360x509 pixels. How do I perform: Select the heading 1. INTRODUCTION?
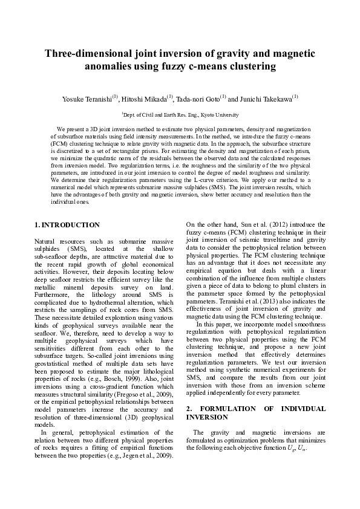[67, 225]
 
